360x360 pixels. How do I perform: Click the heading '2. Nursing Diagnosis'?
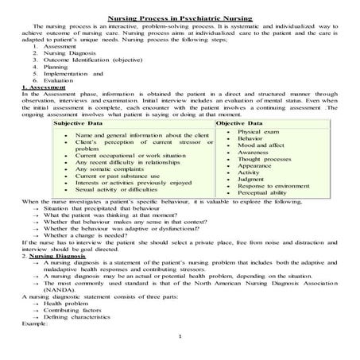pyautogui.click(x=37, y=257)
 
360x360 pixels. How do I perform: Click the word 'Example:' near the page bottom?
pyautogui.click(x=23, y=325)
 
